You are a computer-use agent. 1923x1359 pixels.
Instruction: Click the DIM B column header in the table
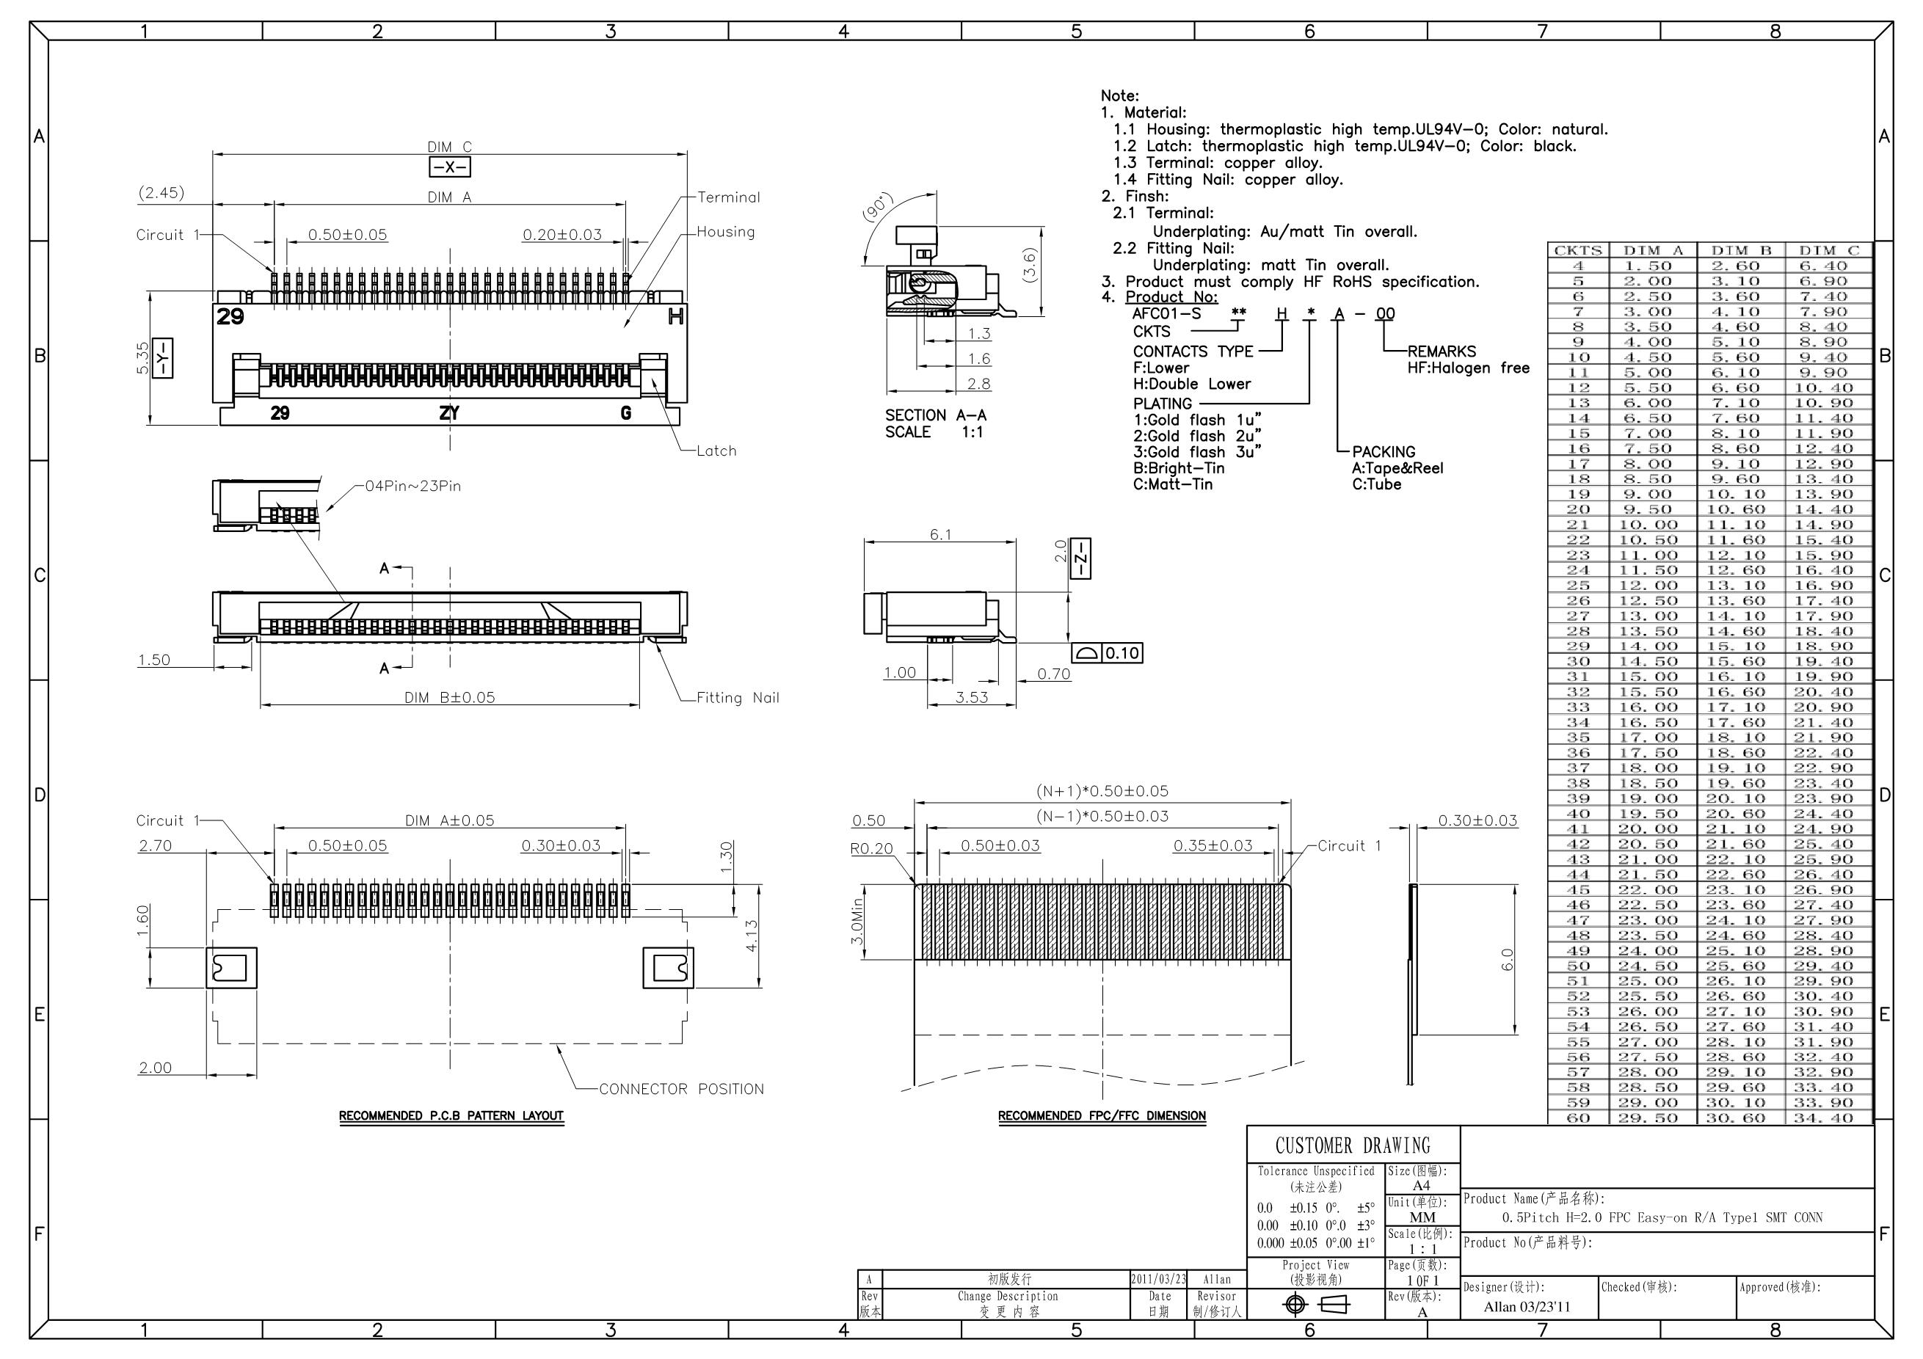[1741, 250]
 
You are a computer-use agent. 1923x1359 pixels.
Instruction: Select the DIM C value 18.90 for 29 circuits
[1829, 646]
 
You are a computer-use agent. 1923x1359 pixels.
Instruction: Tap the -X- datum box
[450, 167]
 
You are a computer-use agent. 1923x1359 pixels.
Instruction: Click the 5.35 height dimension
[142, 357]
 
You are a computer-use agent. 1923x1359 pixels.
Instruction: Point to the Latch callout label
[716, 451]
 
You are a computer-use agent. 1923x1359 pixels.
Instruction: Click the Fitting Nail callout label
[737, 698]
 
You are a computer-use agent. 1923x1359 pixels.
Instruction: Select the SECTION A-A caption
[936, 415]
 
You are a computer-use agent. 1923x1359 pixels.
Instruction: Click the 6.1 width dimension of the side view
[939, 534]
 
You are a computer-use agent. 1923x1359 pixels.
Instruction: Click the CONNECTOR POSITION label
[681, 1088]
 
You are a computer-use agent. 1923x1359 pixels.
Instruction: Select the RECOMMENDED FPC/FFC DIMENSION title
[1102, 1115]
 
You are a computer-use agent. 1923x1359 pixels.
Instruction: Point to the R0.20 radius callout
[871, 848]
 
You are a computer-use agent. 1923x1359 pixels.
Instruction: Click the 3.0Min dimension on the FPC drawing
[856, 922]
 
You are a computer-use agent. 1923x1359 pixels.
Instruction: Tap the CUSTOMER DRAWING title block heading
[1352, 1145]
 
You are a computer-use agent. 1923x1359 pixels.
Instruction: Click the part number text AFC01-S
[1166, 314]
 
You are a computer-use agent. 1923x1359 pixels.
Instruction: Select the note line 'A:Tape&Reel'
[1397, 468]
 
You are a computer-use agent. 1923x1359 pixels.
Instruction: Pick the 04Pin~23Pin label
[413, 486]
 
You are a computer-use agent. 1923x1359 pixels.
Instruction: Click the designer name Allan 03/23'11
[1526, 1306]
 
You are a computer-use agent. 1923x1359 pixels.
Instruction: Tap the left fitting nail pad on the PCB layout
[231, 968]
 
